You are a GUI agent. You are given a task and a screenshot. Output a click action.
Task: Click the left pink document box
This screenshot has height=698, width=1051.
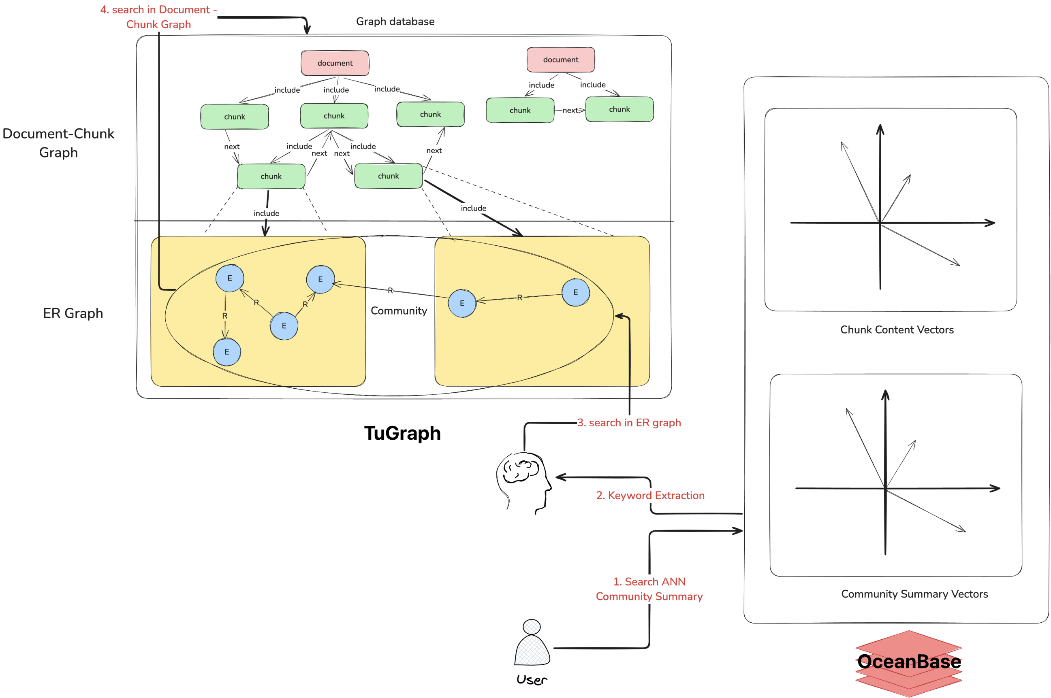point(335,63)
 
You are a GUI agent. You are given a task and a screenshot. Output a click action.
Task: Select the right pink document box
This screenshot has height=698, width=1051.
point(560,60)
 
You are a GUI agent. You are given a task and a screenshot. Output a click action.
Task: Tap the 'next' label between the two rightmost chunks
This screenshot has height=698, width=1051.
point(570,110)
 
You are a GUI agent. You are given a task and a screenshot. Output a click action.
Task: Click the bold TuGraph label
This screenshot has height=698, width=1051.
point(402,433)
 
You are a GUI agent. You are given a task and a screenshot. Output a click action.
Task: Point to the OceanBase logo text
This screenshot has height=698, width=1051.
point(908,662)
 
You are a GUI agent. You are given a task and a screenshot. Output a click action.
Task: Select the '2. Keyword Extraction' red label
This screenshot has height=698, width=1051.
point(650,496)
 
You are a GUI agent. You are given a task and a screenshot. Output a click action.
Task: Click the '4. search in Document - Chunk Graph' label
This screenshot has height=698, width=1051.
point(158,17)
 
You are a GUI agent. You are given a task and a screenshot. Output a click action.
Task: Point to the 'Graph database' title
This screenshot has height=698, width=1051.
point(395,21)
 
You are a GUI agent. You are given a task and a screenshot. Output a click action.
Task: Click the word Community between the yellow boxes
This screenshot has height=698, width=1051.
point(399,311)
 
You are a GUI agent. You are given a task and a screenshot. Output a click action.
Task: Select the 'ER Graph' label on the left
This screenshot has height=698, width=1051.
point(73,313)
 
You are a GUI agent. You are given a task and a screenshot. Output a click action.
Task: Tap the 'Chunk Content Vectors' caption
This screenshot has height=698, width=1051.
point(897,330)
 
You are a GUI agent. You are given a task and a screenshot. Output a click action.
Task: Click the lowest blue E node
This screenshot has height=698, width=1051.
point(226,352)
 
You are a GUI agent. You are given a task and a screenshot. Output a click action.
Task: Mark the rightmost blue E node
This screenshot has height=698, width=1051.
point(575,292)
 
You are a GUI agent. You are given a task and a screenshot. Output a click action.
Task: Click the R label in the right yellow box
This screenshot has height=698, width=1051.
point(519,297)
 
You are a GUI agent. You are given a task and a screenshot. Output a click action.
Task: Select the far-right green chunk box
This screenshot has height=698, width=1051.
point(619,109)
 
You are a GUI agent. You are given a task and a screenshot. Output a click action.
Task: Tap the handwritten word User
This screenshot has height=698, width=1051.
point(532,680)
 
